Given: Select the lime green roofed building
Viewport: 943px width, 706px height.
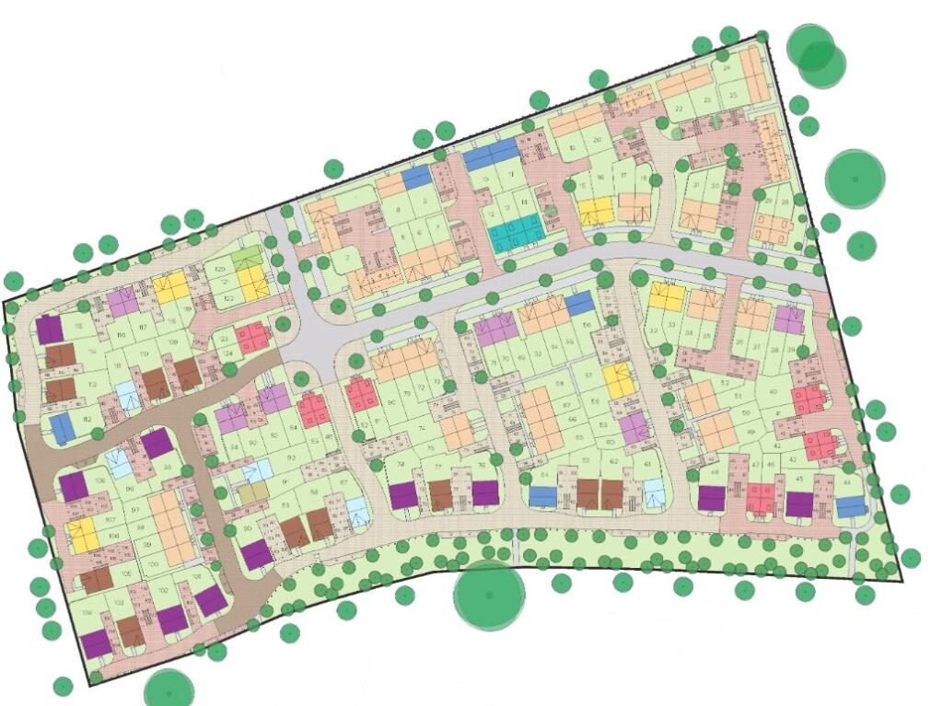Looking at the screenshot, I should point(246,260).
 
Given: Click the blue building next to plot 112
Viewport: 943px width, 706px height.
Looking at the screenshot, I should point(61,427).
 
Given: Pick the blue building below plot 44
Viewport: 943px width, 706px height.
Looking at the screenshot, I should point(851,506).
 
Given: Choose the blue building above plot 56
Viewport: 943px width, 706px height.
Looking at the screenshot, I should point(578,302).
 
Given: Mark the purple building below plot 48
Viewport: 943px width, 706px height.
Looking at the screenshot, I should point(712,498).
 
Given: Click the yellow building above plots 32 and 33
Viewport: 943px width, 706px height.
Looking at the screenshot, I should point(666,296).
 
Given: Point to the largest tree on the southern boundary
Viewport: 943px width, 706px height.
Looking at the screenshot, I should point(489,596).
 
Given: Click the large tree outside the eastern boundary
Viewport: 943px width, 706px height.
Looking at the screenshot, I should point(855,178).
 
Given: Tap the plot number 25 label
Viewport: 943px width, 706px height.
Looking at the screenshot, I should point(733,95).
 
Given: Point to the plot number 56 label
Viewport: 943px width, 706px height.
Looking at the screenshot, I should point(588,326).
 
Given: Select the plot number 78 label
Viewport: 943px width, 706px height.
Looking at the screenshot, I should point(401,464).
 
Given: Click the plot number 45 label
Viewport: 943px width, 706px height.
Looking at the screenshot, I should point(798,478).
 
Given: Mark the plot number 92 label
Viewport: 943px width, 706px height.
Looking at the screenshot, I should point(265,457).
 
